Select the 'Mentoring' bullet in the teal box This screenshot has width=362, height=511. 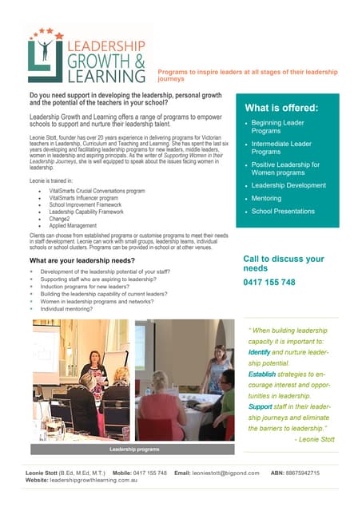[x=267, y=198]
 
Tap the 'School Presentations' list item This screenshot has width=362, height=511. [x=283, y=212]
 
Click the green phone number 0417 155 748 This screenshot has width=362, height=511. [x=269, y=283]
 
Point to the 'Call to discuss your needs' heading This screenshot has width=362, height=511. [x=283, y=263]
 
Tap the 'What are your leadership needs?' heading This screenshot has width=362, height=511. [x=82, y=261]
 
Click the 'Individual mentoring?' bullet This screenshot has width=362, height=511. [x=72, y=308]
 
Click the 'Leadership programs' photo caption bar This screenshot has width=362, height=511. [x=130, y=450]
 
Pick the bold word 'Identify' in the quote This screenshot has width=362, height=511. [x=259, y=351]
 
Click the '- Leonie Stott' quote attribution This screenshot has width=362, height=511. [x=315, y=438]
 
